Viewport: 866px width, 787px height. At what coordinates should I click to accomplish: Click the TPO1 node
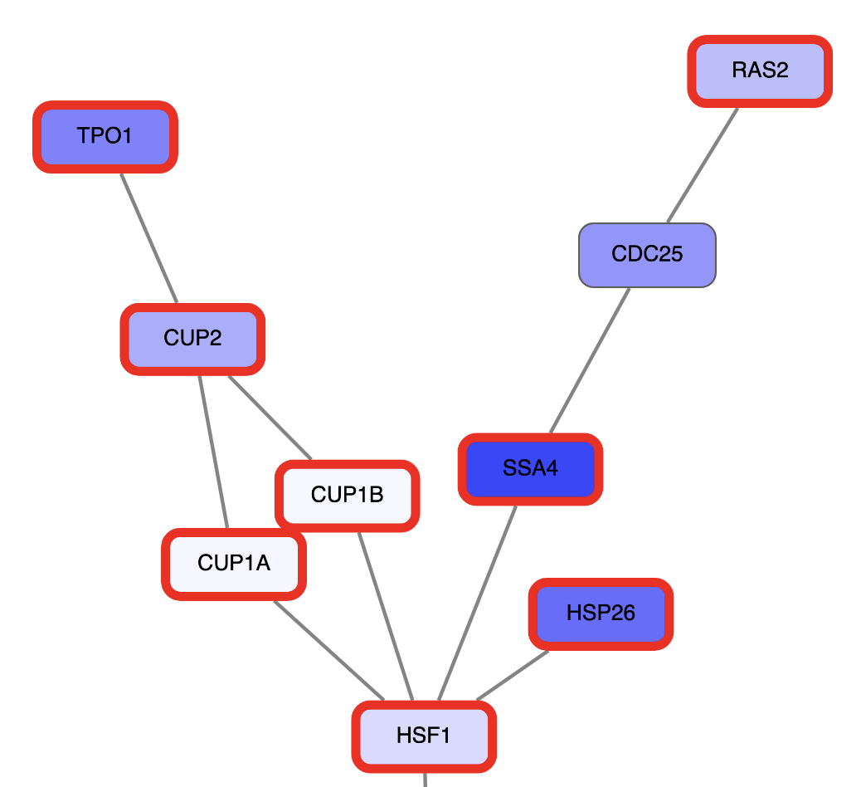[x=105, y=136]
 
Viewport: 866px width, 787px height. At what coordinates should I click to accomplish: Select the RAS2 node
[x=759, y=71]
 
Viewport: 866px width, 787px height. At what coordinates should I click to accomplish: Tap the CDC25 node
[x=646, y=255]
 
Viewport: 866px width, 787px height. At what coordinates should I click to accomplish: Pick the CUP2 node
[x=192, y=339]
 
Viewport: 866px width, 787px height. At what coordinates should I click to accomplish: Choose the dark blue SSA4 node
[x=530, y=469]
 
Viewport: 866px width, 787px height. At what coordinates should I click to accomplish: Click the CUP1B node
[x=347, y=496]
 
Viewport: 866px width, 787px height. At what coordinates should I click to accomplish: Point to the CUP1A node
[x=233, y=564]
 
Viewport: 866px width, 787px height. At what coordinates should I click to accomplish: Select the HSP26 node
[x=601, y=614]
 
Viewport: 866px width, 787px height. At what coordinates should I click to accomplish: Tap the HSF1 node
[x=424, y=736]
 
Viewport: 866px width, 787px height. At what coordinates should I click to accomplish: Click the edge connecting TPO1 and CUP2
[x=149, y=238]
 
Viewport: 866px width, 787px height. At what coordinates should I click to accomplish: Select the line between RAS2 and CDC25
[x=703, y=164]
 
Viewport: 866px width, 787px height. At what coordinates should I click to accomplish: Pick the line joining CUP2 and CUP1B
[x=270, y=417]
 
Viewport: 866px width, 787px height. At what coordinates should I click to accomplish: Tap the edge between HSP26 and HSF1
[x=513, y=675]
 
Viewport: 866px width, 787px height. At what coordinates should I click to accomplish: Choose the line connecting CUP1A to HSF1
[x=328, y=650]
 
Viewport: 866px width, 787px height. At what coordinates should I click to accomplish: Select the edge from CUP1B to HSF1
[x=386, y=616]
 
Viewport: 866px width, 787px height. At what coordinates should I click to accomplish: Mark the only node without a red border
[x=646, y=255]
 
